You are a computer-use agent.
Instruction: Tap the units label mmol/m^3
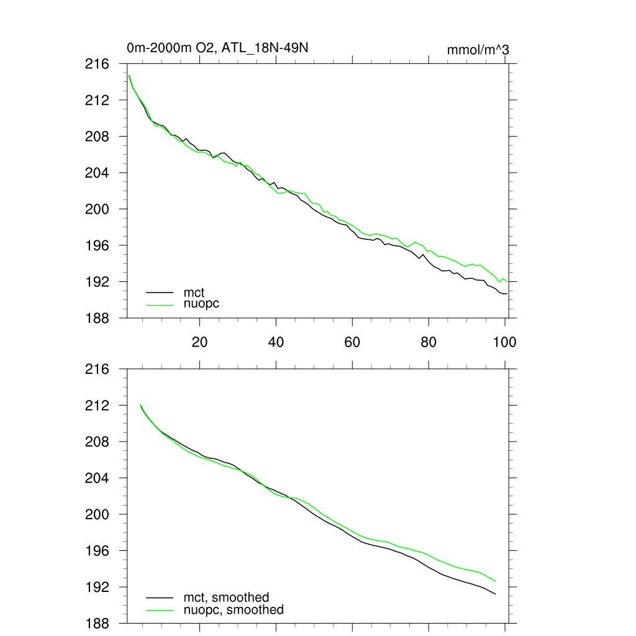click(478, 49)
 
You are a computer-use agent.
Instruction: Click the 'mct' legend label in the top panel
click(194, 291)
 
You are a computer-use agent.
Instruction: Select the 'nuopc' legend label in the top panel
click(201, 304)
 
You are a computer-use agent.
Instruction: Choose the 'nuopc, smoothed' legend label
click(234, 610)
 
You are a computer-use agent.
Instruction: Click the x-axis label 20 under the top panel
click(199, 342)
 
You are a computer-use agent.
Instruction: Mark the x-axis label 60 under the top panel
click(352, 342)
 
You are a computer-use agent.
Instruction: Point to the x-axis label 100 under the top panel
click(504, 342)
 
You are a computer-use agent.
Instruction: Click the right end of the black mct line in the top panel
click(507, 293)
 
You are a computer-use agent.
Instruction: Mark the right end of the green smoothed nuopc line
click(495, 581)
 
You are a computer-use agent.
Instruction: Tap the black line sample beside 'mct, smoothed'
click(159, 597)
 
